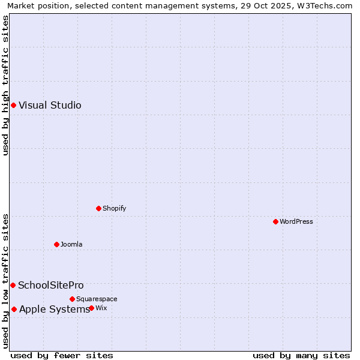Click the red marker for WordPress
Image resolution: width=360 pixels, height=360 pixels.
[x=275, y=221]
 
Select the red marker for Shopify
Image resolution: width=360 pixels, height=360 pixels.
[x=98, y=208]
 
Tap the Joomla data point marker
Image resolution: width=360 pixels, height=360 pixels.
[x=56, y=244]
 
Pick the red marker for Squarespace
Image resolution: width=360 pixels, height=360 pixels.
[x=72, y=299]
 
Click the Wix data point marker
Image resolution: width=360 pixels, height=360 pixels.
[x=91, y=308]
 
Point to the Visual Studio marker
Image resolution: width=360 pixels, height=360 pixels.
[x=13, y=106]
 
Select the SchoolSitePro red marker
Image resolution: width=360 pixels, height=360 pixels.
[x=13, y=285]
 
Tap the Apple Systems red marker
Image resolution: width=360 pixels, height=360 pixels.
[x=14, y=309]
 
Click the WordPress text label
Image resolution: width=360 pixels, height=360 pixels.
[x=296, y=221]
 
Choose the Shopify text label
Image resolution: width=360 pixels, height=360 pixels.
[x=114, y=208]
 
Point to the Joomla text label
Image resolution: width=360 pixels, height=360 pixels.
[x=71, y=244]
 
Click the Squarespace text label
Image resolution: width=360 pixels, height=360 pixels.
[x=97, y=299]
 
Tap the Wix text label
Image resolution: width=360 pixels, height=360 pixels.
[x=101, y=308]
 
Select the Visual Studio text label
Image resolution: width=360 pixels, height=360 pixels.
[x=50, y=106]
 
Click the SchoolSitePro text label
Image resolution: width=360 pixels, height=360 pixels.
[x=51, y=285]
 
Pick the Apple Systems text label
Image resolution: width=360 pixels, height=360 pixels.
[x=55, y=309]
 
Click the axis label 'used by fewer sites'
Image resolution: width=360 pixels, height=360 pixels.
[x=62, y=355]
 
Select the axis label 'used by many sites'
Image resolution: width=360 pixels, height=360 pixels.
[x=301, y=355]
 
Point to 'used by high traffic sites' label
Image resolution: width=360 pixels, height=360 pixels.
[x=5, y=85]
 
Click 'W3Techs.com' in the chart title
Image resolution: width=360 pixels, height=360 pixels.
[x=326, y=5]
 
